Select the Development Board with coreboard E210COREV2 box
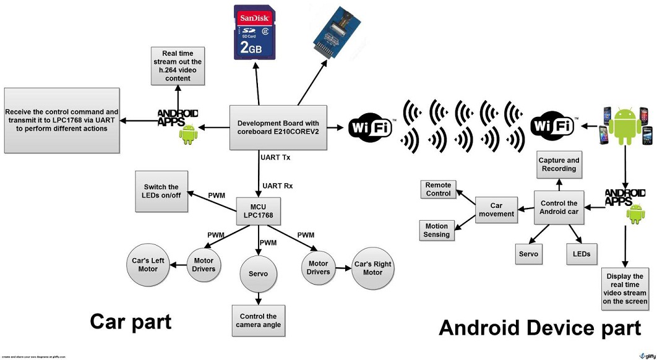(x=278, y=127)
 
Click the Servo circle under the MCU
(x=259, y=273)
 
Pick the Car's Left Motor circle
(x=148, y=265)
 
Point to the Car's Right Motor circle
(x=372, y=268)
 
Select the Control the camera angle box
(x=259, y=320)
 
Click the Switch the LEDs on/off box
(x=161, y=191)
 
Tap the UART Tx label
(x=275, y=158)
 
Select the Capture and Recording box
(x=559, y=165)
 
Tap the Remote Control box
(x=439, y=189)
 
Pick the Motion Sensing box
(x=437, y=230)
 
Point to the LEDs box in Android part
(x=582, y=254)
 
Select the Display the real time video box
(x=625, y=289)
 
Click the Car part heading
(x=131, y=321)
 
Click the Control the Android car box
(x=559, y=207)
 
